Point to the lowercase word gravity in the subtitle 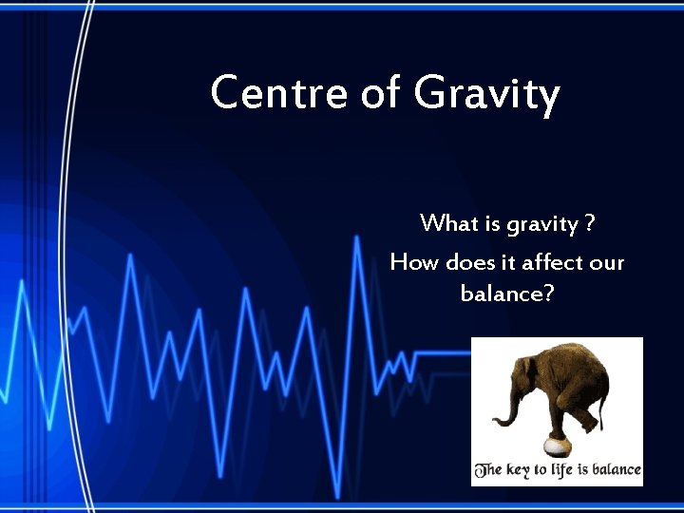pos(541,226)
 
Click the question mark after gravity pos(590,224)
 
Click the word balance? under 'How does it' pos(507,294)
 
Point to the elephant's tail pos(602,408)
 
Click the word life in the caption pos(564,470)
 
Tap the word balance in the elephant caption pos(618,470)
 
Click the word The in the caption pos(487,470)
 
